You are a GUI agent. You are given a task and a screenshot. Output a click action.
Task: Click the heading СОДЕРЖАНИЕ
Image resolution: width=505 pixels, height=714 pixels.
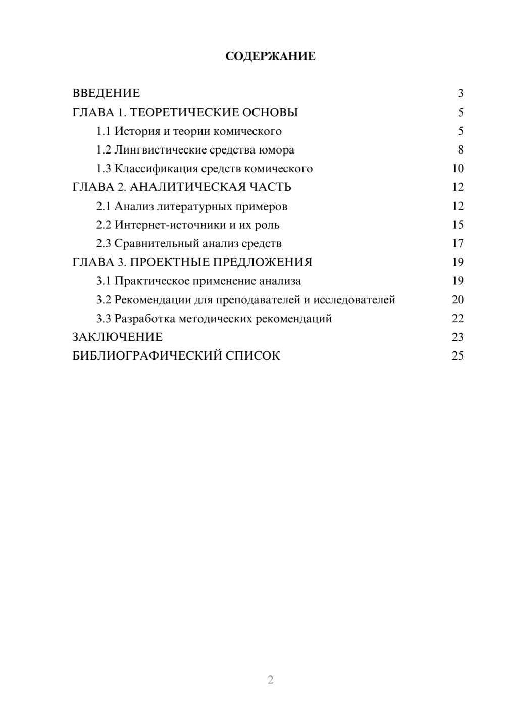tap(270, 56)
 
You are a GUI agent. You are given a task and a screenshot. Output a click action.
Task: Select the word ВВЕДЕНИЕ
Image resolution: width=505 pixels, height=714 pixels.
tap(106, 93)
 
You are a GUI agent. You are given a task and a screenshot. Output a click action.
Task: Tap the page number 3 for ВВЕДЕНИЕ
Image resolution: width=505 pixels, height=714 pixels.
tap(460, 93)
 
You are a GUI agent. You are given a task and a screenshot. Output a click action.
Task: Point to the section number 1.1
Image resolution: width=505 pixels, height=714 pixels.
tap(103, 131)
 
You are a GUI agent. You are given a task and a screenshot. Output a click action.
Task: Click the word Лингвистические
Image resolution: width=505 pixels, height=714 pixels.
tap(154, 150)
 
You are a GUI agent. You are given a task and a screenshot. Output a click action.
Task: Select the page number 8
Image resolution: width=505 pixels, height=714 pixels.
tap(460, 150)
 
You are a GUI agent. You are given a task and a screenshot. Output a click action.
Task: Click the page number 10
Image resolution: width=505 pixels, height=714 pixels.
tap(458, 169)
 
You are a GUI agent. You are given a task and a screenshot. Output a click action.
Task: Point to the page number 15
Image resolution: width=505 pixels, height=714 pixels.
tap(458, 225)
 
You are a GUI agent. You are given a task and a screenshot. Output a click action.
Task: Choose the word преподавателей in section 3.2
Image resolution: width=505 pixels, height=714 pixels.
tap(258, 300)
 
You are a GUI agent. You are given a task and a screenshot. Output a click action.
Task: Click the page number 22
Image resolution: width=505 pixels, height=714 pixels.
tap(458, 319)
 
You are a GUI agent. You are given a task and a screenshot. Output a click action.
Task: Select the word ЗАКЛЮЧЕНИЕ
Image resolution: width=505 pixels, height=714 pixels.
tap(118, 337)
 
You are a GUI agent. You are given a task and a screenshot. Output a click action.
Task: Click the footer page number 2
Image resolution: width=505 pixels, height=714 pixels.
tap(270, 680)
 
